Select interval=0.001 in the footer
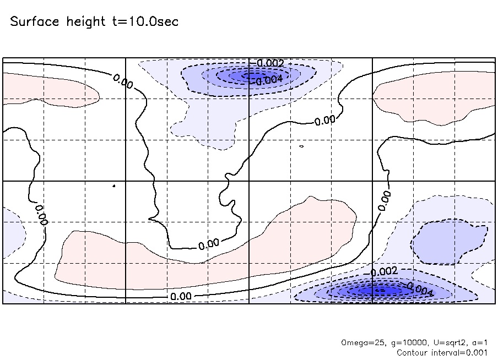pos(461,352)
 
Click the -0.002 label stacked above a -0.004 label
pos(270,63)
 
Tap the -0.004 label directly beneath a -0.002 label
pos(270,79)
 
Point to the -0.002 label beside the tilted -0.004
pos(383,271)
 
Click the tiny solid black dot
pos(113,186)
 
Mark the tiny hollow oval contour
pos(302,147)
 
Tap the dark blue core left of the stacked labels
pos(234,75)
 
